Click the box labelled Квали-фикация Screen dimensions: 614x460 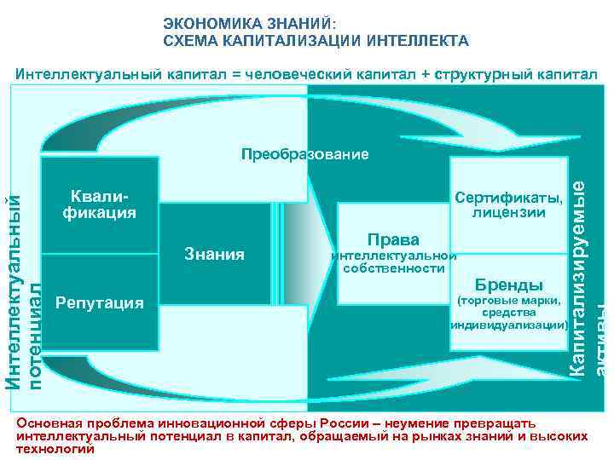100,204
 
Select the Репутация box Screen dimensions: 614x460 100,302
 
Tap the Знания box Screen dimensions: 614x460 215,254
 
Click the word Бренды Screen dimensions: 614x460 508,284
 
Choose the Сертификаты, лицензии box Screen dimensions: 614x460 508,205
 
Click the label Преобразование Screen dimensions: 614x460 304,154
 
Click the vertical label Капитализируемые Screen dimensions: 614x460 577,264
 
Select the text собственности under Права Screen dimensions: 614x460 393,268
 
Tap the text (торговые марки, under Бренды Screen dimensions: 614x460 508,300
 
